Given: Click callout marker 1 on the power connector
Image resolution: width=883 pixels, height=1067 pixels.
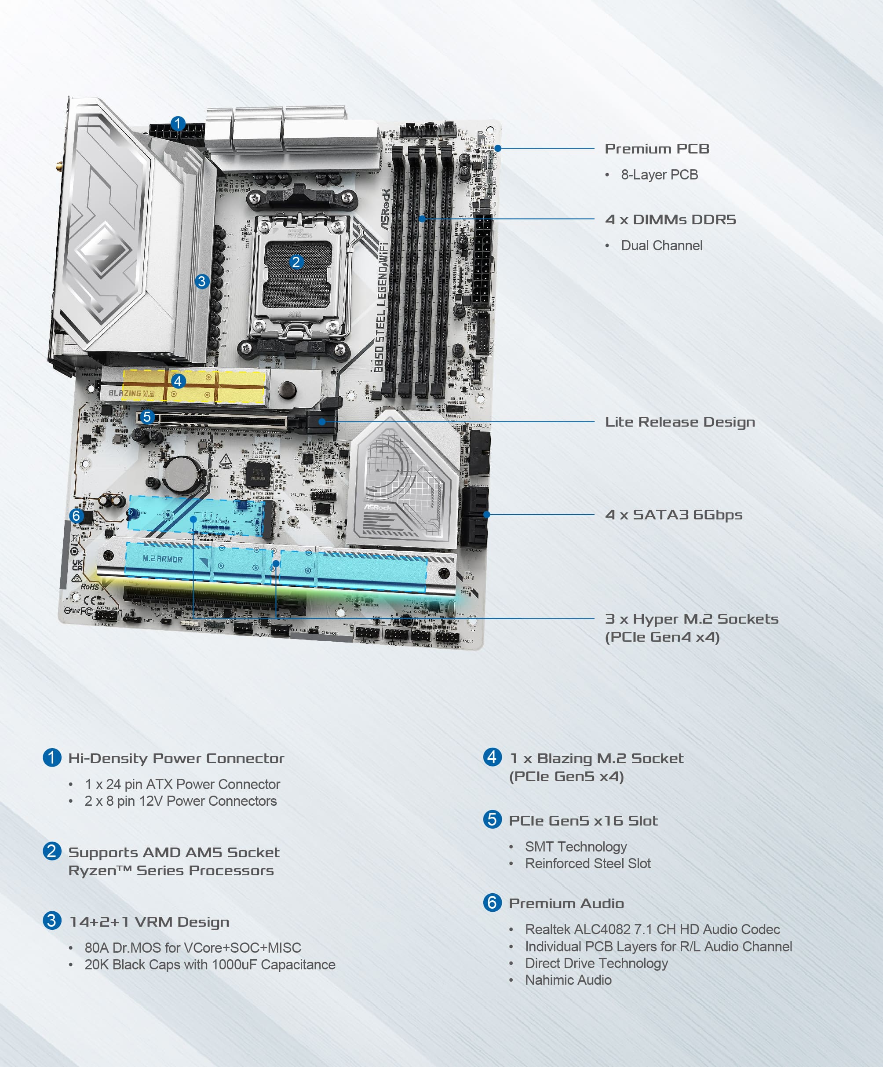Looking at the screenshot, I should [177, 124].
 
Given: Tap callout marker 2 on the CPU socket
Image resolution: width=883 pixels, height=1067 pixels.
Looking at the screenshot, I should [296, 262].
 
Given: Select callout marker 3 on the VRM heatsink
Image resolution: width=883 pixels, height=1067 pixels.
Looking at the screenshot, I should [202, 281].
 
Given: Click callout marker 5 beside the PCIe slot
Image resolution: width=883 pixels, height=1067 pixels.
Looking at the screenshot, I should [147, 417].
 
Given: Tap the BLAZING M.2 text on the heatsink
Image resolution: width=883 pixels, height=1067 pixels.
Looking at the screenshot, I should [131, 393].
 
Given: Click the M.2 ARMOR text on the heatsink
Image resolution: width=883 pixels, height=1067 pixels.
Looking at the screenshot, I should [163, 559].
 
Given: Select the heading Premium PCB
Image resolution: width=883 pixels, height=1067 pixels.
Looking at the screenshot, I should [657, 149].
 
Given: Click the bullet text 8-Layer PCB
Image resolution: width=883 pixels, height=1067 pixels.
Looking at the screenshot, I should [659, 175].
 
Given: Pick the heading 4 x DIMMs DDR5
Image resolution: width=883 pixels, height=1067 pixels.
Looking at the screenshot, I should [670, 219].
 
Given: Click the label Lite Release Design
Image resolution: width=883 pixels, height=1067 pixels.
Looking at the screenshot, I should [679, 422].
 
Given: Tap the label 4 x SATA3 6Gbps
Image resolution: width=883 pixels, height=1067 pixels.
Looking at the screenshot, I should [673, 515].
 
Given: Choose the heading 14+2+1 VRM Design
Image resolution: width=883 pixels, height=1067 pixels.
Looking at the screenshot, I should [149, 922].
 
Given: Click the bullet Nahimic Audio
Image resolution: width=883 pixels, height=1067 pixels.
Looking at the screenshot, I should [568, 980].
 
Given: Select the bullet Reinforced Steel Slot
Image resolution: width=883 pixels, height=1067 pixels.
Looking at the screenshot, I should [587, 863].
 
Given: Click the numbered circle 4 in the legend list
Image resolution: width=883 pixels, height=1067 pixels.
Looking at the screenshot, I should [492, 757].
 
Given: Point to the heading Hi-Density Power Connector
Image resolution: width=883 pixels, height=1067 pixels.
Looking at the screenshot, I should [176, 758].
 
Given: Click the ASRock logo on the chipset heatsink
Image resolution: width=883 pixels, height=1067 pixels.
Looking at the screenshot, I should [377, 507].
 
